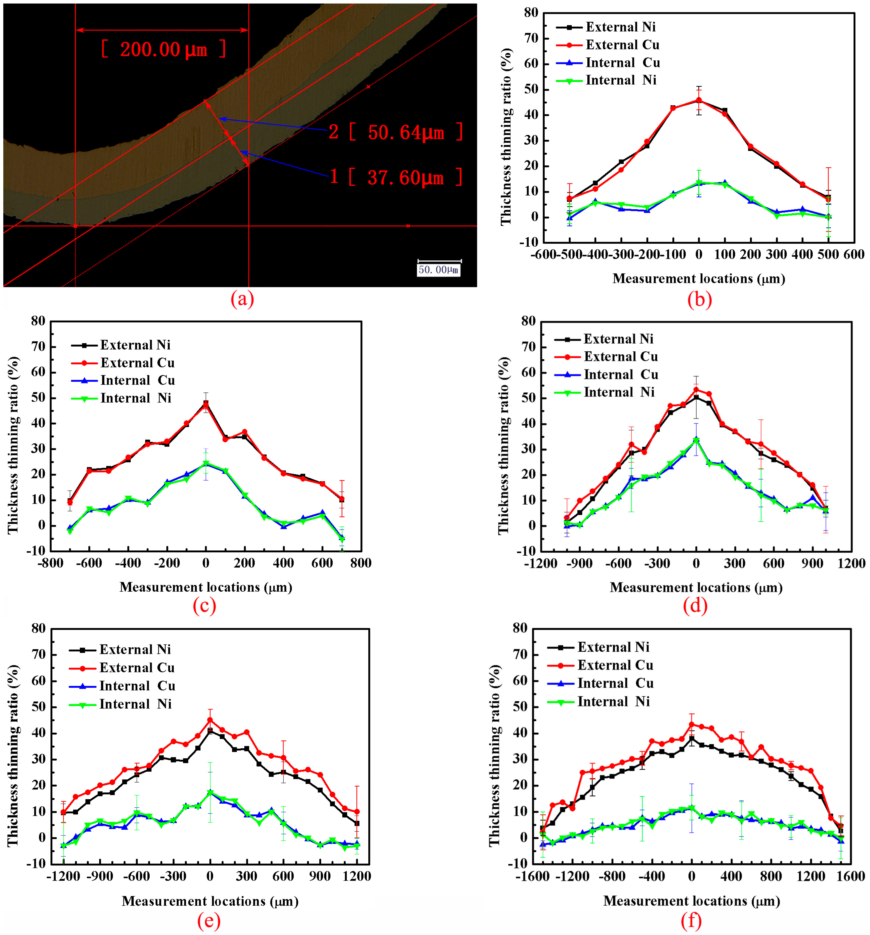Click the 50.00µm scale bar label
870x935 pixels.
tap(438, 270)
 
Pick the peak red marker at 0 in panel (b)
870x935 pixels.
tap(699, 100)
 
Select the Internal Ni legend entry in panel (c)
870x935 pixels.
tap(135, 398)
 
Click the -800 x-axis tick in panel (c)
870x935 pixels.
tap(50, 563)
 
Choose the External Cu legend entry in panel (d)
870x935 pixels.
tap(620, 357)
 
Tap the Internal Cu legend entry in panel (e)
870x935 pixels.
tap(137, 686)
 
